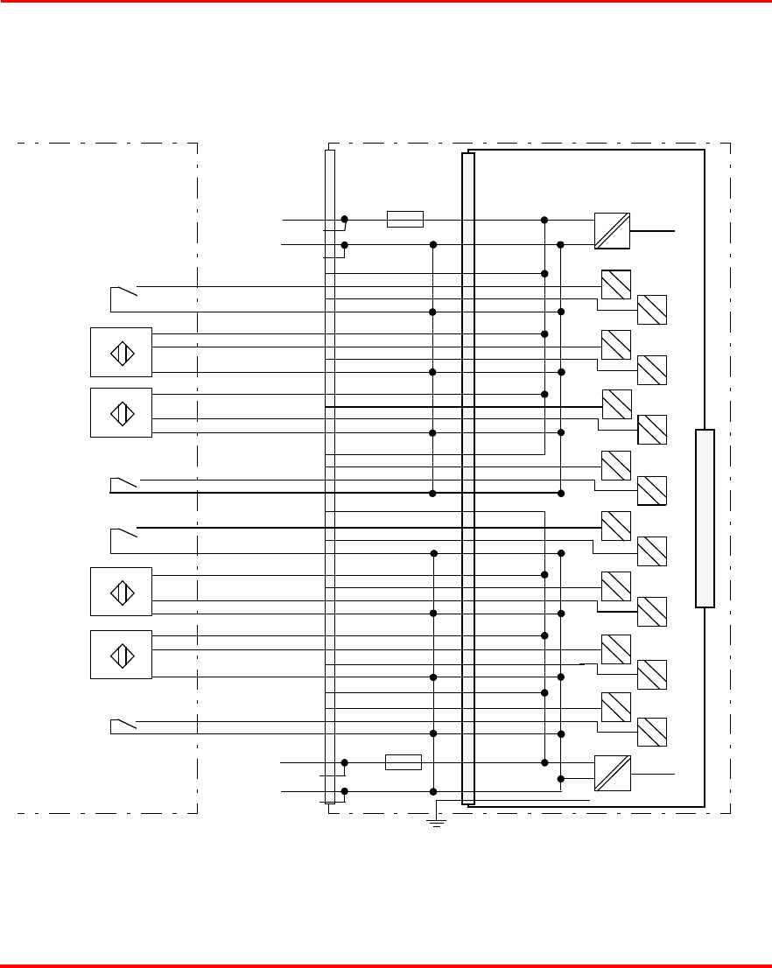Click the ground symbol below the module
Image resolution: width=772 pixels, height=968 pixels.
coord(435,821)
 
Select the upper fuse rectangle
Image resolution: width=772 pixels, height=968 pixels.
coord(405,219)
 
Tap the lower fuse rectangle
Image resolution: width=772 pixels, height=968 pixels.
coord(404,762)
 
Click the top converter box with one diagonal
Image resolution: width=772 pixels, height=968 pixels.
coord(613,230)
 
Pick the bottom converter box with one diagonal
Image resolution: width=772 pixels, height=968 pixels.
coord(613,773)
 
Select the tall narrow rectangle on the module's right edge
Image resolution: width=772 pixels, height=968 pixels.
coord(705,518)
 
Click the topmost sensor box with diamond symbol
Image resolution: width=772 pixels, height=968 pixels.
coord(122,353)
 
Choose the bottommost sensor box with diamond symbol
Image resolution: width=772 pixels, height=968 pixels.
coord(122,655)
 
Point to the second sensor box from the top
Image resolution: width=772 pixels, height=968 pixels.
coord(122,412)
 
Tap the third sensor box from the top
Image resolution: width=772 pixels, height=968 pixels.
coord(122,592)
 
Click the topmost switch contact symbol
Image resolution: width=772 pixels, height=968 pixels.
coord(124,291)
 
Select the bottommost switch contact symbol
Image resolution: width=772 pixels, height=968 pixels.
coord(124,724)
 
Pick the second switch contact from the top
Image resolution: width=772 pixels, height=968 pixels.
coord(124,482)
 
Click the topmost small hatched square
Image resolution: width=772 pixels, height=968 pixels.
coord(616,285)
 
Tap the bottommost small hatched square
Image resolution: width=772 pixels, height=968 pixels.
coord(652,732)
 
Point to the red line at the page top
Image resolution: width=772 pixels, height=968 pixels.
coord(386,2)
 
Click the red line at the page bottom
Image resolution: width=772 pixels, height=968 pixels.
coord(386,965)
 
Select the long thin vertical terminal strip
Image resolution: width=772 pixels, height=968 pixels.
coord(329,476)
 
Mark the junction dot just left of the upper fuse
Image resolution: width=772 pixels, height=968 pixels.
coord(345,219)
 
